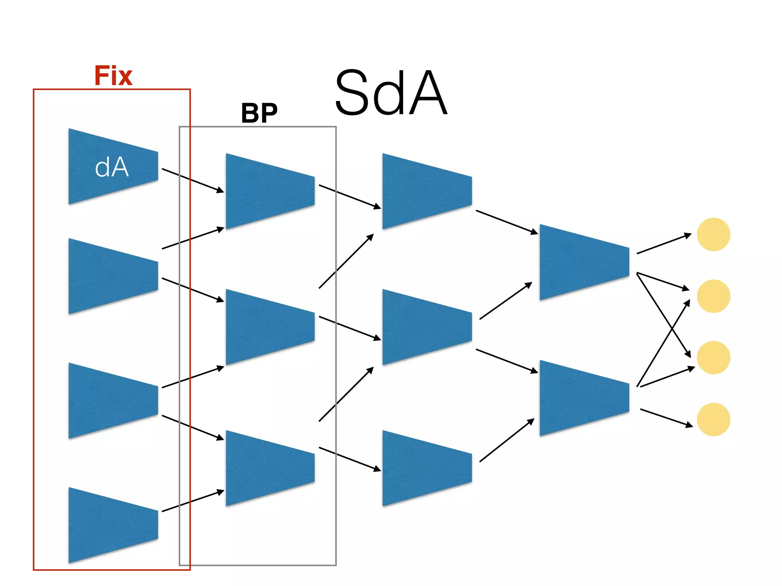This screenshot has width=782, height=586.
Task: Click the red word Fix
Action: point(113,76)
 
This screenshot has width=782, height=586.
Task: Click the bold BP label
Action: point(259,113)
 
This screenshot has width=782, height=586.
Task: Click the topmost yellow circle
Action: point(713,234)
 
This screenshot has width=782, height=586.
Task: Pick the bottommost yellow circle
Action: point(713,419)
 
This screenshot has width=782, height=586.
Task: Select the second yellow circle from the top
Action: point(713,296)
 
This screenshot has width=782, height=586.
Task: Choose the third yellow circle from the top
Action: point(713,357)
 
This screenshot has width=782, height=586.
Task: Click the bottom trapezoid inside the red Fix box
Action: point(111,525)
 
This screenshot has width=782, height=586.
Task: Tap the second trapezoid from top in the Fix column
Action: point(111,276)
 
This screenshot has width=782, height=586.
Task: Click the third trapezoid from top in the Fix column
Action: point(111,401)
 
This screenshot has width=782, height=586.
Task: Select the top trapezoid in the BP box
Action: point(268,191)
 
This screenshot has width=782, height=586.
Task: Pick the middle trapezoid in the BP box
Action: point(268,327)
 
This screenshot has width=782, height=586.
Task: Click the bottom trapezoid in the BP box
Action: point(268,468)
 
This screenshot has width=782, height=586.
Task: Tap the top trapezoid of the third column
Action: point(425,191)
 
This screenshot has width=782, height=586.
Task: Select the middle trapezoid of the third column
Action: point(425,327)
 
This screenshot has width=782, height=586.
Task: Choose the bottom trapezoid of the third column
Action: point(425,468)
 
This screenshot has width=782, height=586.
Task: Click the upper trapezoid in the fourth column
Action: point(582,262)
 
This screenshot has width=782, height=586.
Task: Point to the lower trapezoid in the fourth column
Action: point(582,398)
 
